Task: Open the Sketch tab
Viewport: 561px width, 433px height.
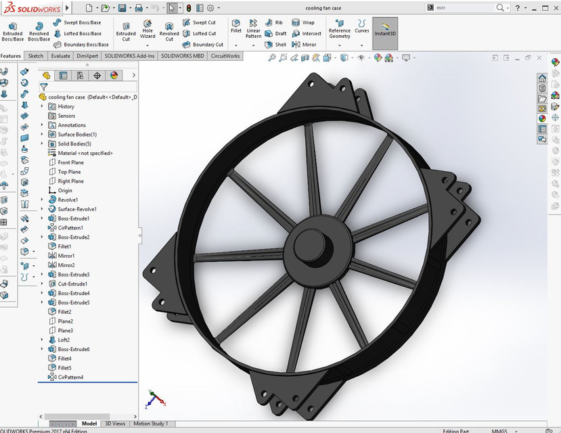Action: click(x=36, y=56)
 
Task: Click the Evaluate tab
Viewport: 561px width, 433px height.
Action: click(x=60, y=56)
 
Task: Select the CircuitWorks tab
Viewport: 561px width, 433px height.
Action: click(x=225, y=56)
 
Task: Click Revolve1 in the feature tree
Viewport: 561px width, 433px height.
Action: click(x=68, y=200)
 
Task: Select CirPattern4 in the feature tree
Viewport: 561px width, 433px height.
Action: click(x=70, y=377)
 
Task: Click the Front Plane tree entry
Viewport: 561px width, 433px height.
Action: click(x=70, y=162)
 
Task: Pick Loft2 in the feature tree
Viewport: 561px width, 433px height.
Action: click(x=64, y=340)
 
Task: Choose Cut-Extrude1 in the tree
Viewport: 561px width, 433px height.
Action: click(x=72, y=283)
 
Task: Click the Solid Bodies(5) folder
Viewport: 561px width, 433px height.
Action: click(x=74, y=143)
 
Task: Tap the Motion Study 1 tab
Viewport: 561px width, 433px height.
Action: click(x=150, y=424)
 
